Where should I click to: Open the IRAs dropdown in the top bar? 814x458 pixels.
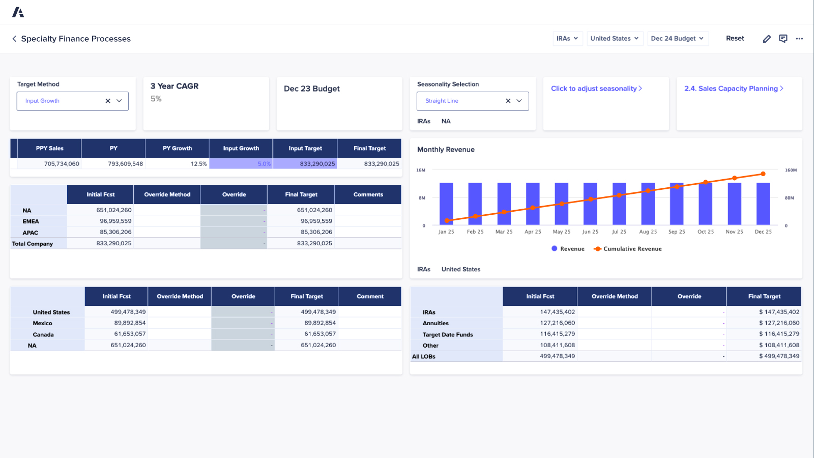pyautogui.click(x=567, y=39)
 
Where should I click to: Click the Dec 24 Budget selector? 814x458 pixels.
pyautogui.click(x=677, y=39)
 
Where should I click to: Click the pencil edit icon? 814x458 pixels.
pyautogui.click(x=767, y=39)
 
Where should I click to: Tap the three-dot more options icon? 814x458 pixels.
pyautogui.click(x=799, y=39)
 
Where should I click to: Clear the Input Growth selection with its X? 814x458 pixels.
pyautogui.click(x=108, y=101)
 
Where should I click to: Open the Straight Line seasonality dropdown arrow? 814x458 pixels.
pyautogui.click(x=519, y=101)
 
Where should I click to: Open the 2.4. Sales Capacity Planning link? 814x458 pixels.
pyautogui.click(x=733, y=89)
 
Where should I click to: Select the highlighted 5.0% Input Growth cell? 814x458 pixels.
pyautogui.click(x=241, y=164)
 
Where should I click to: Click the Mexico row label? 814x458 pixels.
pyautogui.click(x=43, y=323)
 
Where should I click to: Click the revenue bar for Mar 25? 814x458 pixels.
pyautogui.click(x=504, y=204)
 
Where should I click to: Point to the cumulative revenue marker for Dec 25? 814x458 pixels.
pyautogui.click(x=763, y=174)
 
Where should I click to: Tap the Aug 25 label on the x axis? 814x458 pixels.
pyautogui.click(x=648, y=232)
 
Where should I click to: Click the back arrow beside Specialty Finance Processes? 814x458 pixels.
pyautogui.click(x=14, y=39)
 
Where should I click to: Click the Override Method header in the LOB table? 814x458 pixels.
pyautogui.click(x=614, y=296)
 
